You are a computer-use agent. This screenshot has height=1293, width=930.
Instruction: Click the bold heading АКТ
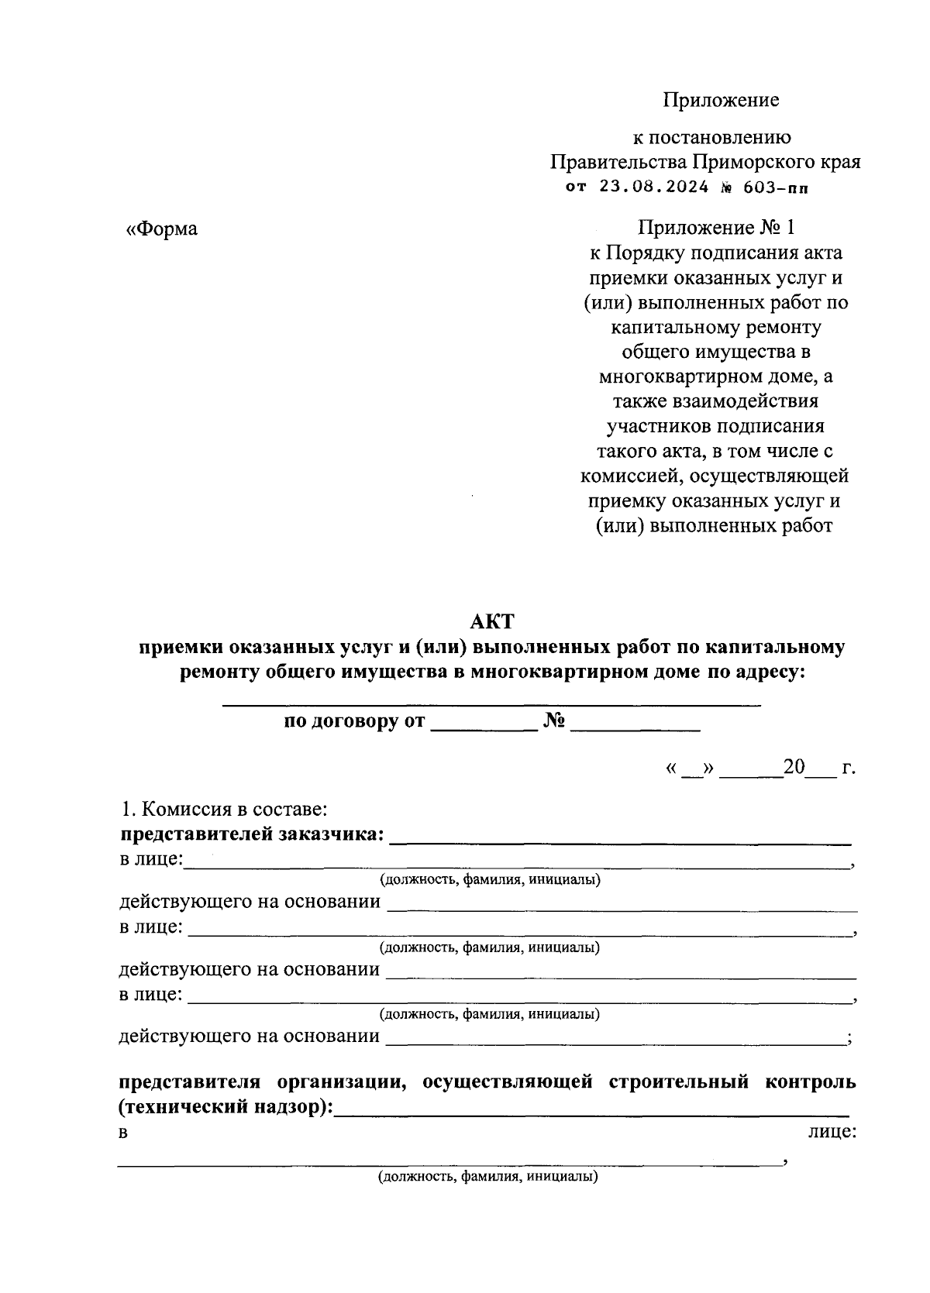click(493, 621)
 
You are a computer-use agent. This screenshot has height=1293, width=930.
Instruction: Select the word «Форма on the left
click(162, 229)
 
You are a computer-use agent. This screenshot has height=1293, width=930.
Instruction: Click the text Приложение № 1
click(716, 228)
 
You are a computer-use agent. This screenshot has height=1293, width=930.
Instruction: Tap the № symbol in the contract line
click(554, 722)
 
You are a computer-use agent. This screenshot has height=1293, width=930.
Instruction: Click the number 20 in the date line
click(794, 768)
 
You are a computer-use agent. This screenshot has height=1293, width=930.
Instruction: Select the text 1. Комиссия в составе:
click(225, 810)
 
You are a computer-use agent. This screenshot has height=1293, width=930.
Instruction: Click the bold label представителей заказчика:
click(252, 834)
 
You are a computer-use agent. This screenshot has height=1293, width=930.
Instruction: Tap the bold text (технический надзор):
click(226, 1107)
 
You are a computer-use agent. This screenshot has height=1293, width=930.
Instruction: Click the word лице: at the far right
click(832, 1132)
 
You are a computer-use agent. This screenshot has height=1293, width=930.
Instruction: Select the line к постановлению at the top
click(712, 138)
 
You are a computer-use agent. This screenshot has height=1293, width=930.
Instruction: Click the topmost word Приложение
click(720, 100)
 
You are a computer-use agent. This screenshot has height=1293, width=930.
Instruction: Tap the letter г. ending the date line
click(848, 769)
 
